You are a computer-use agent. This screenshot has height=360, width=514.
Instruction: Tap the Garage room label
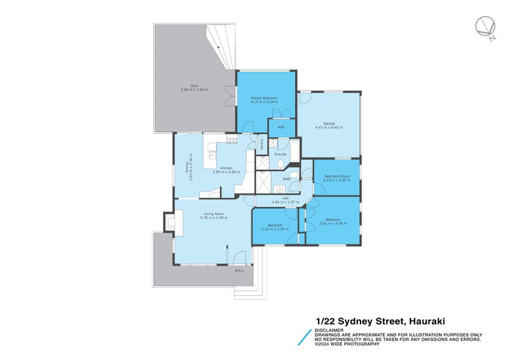click(x=328, y=123)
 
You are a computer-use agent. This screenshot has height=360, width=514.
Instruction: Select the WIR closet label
click(x=281, y=127)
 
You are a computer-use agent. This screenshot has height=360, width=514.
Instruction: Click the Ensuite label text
click(x=280, y=154)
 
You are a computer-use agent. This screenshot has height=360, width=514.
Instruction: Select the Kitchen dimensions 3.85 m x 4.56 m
click(x=226, y=172)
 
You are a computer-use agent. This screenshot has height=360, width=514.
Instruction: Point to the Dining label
click(x=188, y=166)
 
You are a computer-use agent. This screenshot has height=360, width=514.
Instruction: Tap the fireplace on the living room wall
click(x=170, y=222)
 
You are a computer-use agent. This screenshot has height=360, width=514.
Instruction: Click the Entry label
click(x=239, y=271)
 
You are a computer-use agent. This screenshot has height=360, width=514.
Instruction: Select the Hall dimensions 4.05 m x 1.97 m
click(x=285, y=202)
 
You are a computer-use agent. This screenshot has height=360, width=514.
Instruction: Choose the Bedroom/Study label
click(x=336, y=176)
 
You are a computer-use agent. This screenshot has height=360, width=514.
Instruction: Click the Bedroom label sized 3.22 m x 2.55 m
click(x=274, y=225)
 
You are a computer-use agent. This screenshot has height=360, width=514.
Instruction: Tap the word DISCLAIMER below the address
click(x=329, y=330)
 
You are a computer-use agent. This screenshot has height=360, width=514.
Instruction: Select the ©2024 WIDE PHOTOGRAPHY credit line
click(x=352, y=345)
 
